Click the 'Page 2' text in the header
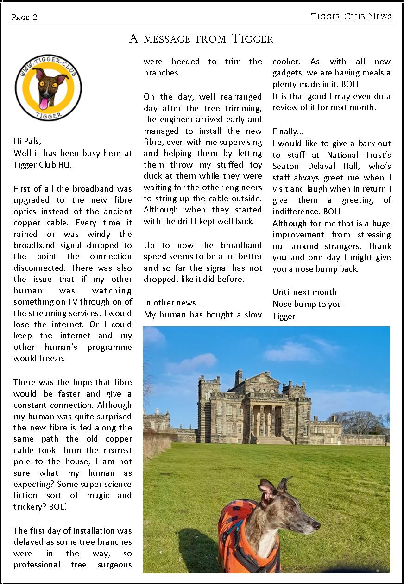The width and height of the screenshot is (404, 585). point(25,18)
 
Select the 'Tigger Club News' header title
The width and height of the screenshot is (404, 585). point(351,17)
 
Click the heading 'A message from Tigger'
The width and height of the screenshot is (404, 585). point(201,38)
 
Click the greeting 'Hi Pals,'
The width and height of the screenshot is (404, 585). point(31,141)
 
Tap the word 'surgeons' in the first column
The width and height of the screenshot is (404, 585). point(114,564)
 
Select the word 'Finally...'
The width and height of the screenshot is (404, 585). point(288,131)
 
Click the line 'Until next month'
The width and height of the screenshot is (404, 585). point(304,292)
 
